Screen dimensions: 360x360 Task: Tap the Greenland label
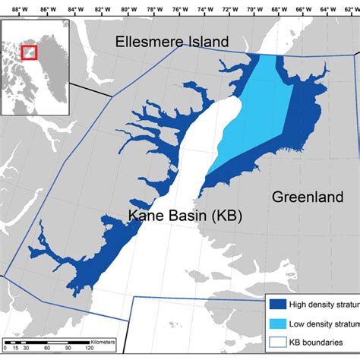[307, 197]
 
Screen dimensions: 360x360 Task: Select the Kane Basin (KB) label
[185, 216]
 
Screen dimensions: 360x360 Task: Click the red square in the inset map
[29, 52]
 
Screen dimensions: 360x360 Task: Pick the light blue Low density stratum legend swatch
[279, 324]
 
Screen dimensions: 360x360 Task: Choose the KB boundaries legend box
[279, 343]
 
